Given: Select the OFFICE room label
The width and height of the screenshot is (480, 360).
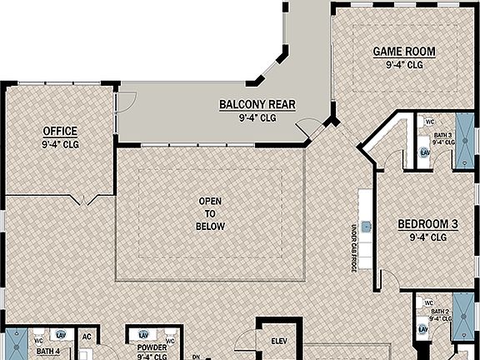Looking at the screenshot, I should click(60, 131).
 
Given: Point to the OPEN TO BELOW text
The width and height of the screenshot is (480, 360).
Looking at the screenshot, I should click(210, 213).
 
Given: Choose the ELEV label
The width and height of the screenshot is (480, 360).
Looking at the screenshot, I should click(279, 341).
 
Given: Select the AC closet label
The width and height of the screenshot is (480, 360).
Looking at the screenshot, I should click(86, 337).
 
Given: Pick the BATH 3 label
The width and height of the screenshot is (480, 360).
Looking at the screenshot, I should click(443, 135).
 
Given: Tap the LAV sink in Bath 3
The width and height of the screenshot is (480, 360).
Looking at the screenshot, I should click(424, 152).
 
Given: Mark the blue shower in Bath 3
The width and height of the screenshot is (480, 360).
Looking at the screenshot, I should click(464, 142).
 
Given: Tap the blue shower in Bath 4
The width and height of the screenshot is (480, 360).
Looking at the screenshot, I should click(14, 345).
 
